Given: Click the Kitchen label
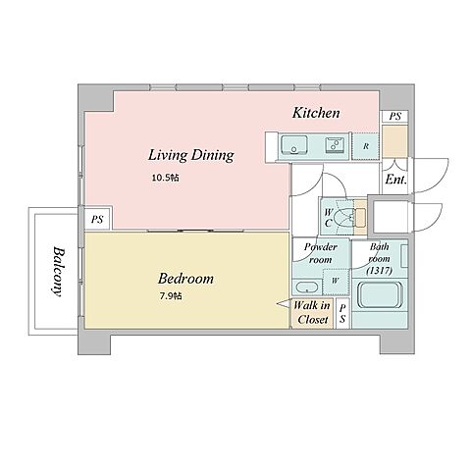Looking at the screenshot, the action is [316, 113].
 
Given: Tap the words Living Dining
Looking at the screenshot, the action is [191, 155].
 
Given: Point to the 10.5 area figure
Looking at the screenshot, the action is [165, 178].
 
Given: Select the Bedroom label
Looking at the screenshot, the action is [185, 279].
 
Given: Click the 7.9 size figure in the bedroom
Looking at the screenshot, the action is [171, 296].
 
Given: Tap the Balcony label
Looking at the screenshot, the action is [58, 272].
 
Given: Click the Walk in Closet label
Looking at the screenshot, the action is [312, 313].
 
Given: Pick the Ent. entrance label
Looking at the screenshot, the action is [395, 180].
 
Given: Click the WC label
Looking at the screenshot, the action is [328, 218].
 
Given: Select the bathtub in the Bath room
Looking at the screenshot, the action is [380, 294].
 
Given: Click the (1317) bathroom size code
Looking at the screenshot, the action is [380, 271].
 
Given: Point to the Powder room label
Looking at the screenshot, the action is [320, 253].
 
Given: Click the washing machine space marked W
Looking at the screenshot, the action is [336, 282].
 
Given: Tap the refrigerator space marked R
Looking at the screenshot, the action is [366, 146].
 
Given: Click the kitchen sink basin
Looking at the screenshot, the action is [294, 144].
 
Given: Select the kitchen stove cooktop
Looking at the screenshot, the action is [335, 144].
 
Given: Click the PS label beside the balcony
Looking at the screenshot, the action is [97, 219].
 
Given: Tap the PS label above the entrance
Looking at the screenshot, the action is [395, 117].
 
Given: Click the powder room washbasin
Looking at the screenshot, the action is [307, 288].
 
